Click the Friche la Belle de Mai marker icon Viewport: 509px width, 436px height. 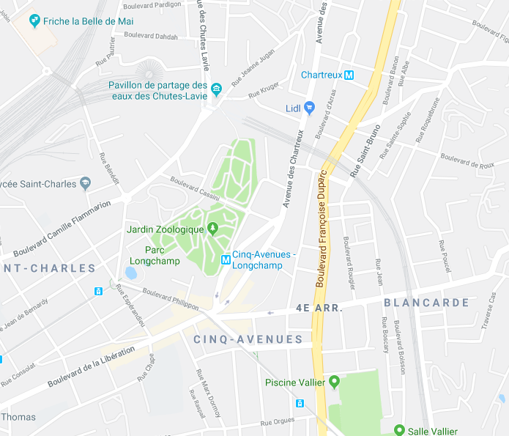pos(34,21)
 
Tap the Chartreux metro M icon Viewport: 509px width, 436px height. pos(349,75)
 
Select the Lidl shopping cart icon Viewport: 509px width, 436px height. pos(309,108)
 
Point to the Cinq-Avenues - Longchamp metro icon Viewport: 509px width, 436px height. pos(226,259)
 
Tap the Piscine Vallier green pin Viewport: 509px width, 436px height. pos(335,382)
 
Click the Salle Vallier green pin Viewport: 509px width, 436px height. pos(399,431)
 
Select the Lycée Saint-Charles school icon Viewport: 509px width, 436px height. pos(86,183)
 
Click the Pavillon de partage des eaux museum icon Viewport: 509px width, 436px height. pos(217,90)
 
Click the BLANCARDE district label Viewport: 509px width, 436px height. pos(426,303)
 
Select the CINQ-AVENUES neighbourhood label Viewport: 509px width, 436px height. pos(248,339)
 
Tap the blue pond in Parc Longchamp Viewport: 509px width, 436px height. pos(130,273)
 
